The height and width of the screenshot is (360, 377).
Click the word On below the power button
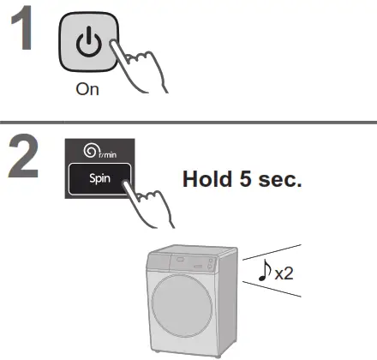tap(87, 90)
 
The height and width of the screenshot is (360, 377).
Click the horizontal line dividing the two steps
tap(188, 123)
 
